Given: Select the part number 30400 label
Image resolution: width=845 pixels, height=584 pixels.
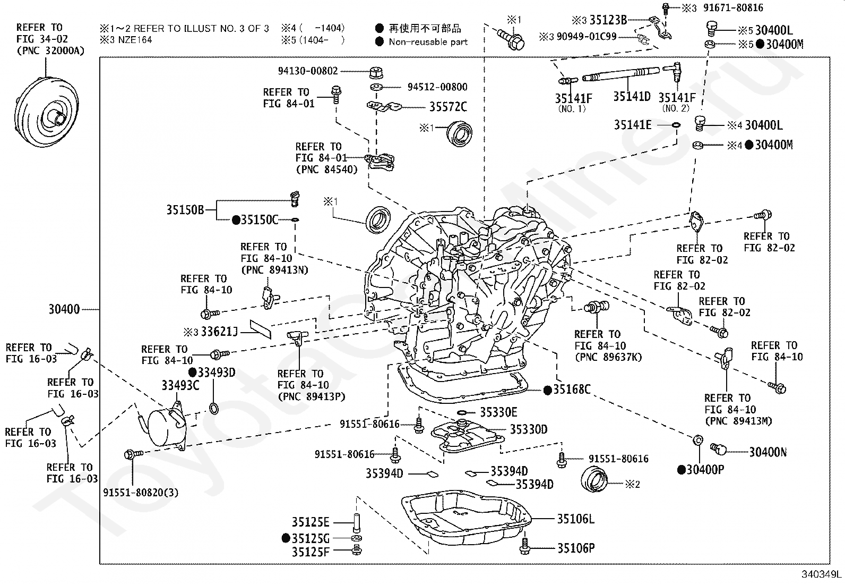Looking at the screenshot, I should coord(64,309).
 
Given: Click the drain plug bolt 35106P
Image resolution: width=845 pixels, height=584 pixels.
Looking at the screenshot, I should coord(525,546).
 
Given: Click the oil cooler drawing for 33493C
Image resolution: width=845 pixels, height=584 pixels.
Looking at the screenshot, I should coord(165,429).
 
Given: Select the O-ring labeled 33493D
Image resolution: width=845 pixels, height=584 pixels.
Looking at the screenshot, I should coord(213,408).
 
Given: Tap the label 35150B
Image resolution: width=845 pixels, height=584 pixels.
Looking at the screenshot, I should coord(185,210).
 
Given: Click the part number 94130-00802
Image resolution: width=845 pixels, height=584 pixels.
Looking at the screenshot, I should coord(308,71).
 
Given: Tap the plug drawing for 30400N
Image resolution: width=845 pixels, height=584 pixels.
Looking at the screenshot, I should coord(719,449).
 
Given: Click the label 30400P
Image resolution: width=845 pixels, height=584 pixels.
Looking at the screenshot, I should coord(705,470).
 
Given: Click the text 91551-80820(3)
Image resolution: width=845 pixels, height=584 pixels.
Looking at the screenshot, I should coord(141,493).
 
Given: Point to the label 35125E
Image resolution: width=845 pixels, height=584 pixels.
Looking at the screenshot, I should coord(310,522).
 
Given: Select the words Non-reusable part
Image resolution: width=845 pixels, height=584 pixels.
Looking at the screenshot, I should coord(428,42).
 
